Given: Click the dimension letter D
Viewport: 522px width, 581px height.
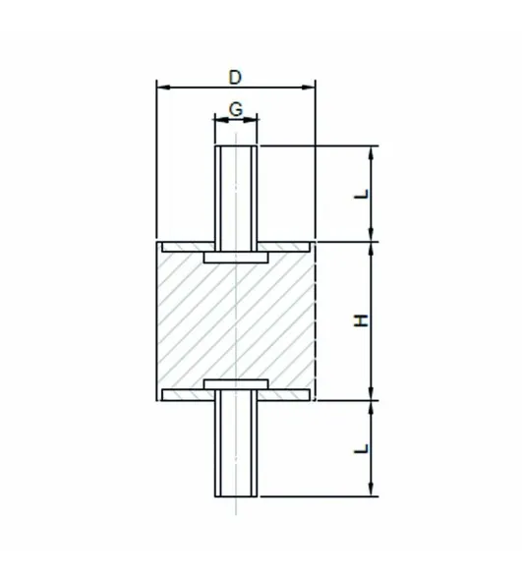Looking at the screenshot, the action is click(x=235, y=78).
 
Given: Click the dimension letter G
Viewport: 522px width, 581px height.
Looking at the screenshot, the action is click(x=236, y=110).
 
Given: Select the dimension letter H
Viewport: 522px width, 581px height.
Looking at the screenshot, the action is click(x=361, y=320).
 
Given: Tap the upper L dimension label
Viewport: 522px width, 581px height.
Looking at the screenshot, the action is click(x=362, y=195).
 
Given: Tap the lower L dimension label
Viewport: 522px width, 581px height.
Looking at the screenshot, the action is click(x=362, y=448).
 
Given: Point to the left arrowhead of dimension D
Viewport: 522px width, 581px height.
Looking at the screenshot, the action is click(x=164, y=87).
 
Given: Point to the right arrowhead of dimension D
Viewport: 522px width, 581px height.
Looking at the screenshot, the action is click(x=308, y=87).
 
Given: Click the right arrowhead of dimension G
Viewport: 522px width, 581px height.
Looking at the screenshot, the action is click(x=251, y=119).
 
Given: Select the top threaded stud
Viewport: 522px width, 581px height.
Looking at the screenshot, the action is click(x=236, y=199).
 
